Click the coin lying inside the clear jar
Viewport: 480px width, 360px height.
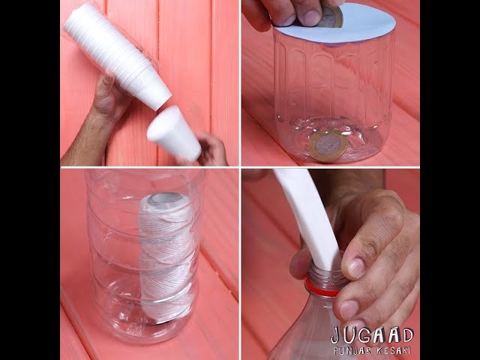(328, 145)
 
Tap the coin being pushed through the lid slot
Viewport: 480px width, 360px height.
(331, 16)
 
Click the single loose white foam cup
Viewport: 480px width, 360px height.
(173, 133)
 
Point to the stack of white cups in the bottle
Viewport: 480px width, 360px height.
(117, 54)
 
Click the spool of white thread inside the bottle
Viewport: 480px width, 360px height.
(166, 256)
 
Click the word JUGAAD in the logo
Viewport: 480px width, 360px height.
(372, 335)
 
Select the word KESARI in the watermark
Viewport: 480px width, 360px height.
(392, 350)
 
